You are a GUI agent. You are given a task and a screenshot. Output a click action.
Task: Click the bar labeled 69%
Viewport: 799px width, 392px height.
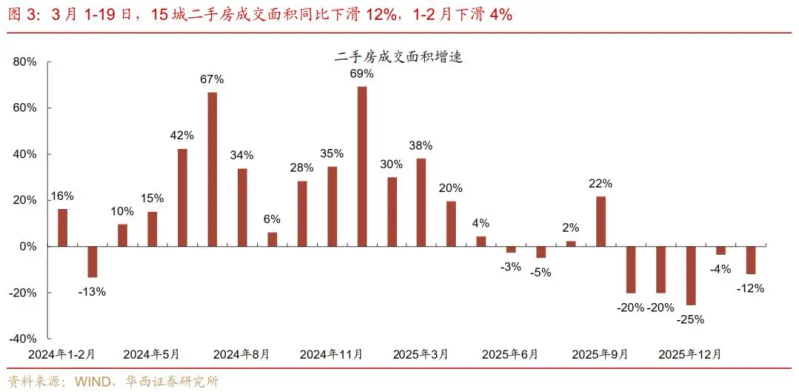click(x=362, y=166)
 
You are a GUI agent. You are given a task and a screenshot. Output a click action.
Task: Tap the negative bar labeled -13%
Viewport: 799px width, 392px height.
click(x=93, y=261)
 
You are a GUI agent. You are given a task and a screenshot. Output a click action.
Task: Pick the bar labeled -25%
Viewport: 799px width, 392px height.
click(x=691, y=275)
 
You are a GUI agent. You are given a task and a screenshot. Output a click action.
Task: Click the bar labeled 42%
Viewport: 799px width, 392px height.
click(x=183, y=197)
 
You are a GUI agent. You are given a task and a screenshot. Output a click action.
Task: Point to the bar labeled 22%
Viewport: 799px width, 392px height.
click(x=601, y=221)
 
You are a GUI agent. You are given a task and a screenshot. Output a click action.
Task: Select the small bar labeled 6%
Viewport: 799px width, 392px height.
click(x=272, y=239)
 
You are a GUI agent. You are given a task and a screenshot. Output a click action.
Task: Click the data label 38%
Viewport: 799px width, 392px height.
click(x=421, y=145)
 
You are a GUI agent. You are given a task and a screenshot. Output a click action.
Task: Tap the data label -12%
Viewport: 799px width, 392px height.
click(x=751, y=289)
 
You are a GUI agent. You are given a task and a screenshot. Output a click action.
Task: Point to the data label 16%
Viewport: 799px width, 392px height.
click(x=62, y=196)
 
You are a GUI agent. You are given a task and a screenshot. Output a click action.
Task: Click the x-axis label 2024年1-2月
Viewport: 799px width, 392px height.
click(x=60, y=354)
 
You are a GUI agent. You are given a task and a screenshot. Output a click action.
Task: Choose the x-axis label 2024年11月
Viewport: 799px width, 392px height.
click(x=332, y=354)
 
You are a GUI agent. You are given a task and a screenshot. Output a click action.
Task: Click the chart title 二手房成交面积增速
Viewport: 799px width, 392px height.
click(x=399, y=58)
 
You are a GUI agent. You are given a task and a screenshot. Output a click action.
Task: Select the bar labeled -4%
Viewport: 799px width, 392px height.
click(x=721, y=250)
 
